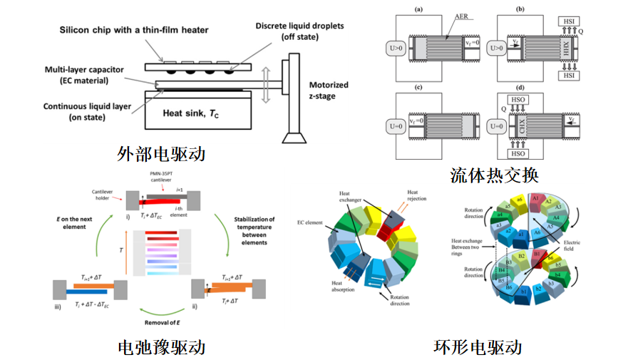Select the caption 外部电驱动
[x=162, y=153]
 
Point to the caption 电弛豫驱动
[x=162, y=347]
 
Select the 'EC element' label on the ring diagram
[x=311, y=223]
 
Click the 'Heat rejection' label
[x=415, y=197]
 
